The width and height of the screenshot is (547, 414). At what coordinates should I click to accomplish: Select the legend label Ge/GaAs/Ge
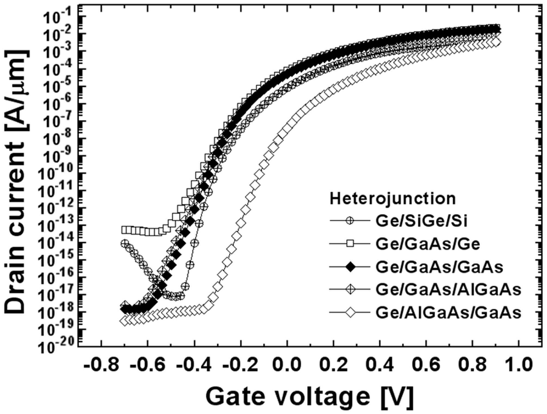coord(428,244)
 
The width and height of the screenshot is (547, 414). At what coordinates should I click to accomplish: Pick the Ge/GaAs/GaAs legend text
coord(439,267)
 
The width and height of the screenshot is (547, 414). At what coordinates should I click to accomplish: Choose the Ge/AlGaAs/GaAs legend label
coord(448,313)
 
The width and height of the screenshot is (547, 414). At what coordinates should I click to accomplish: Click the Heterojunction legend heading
coord(393,199)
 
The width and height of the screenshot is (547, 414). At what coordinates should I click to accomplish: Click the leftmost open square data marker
coord(124,230)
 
